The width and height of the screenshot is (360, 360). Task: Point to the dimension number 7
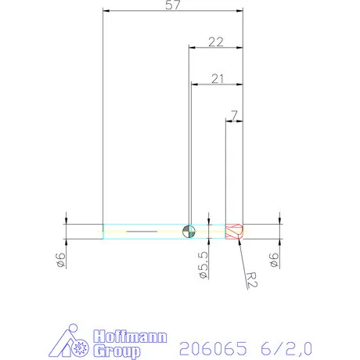[x=232, y=116]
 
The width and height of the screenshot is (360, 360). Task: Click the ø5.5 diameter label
[x=203, y=266]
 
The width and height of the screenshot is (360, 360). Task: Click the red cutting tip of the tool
[x=234, y=232]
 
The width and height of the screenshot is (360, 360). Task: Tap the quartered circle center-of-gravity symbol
[x=188, y=231]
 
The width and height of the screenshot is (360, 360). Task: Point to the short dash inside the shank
[x=141, y=232]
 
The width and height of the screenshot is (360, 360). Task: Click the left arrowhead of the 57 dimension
[x=106, y=12]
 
